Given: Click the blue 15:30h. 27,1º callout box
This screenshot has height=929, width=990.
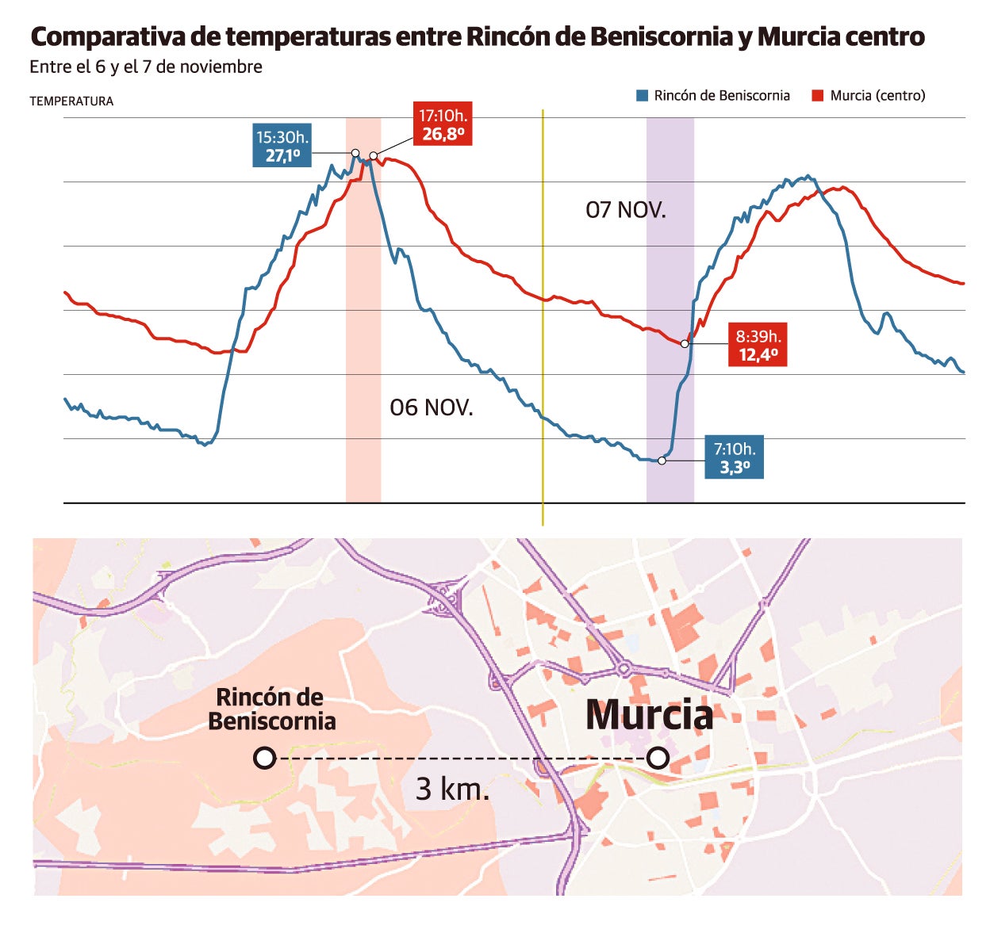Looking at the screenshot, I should click(282, 146).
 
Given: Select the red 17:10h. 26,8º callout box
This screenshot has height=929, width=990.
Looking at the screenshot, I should click(443, 124).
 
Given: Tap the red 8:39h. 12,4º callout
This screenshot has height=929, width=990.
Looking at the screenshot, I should click(758, 346).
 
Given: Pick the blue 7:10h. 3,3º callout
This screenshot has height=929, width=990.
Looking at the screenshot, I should click(735, 457).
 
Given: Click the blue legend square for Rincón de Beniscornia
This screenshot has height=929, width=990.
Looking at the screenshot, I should click(643, 96).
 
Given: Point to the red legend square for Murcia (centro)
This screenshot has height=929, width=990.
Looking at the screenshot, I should click(818, 96).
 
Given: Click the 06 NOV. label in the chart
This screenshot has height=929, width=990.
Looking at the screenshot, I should click(432, 407).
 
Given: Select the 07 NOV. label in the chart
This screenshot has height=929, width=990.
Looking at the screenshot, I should click(626, 210).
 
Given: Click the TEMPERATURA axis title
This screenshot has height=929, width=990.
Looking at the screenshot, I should click(71, 101).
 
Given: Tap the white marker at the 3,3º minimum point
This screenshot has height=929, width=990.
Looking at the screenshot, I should click(662, 460).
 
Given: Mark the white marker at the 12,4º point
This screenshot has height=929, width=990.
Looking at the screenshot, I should click(685, 344).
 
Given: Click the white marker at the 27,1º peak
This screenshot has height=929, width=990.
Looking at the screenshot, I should click(355, 153).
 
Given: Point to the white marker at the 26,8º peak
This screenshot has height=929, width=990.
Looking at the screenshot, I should click(374, 156).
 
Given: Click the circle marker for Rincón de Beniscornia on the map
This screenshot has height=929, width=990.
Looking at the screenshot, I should click(265, 758).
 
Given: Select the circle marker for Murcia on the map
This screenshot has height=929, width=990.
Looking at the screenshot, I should click(658, 758).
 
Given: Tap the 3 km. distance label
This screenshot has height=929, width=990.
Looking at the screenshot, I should click(453, 789).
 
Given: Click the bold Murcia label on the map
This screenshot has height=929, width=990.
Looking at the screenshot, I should click(649, 715).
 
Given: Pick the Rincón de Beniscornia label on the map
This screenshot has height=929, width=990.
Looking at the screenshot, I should click(271, 709).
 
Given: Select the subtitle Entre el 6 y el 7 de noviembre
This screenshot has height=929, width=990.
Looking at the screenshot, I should click(146, 67).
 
